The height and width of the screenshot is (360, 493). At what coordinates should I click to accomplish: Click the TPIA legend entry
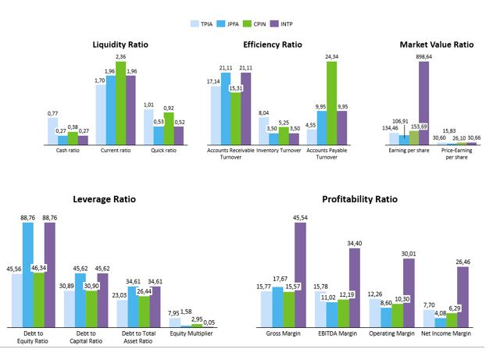(205, 25)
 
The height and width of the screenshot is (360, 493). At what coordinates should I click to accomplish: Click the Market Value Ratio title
(435, 45)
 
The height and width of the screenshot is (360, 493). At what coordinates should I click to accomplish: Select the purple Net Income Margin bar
(463, 298)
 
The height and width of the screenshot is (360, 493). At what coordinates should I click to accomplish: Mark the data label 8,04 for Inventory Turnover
(263, 112)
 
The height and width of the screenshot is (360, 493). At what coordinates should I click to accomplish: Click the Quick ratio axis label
(164, 150)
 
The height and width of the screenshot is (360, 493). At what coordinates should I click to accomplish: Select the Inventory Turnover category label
(278, 150)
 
